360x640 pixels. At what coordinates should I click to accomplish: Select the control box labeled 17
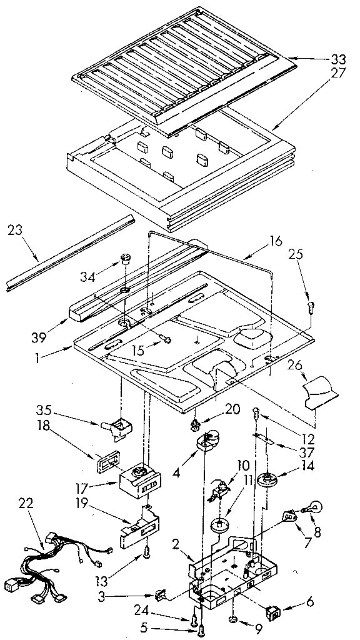tap(139, 481)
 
